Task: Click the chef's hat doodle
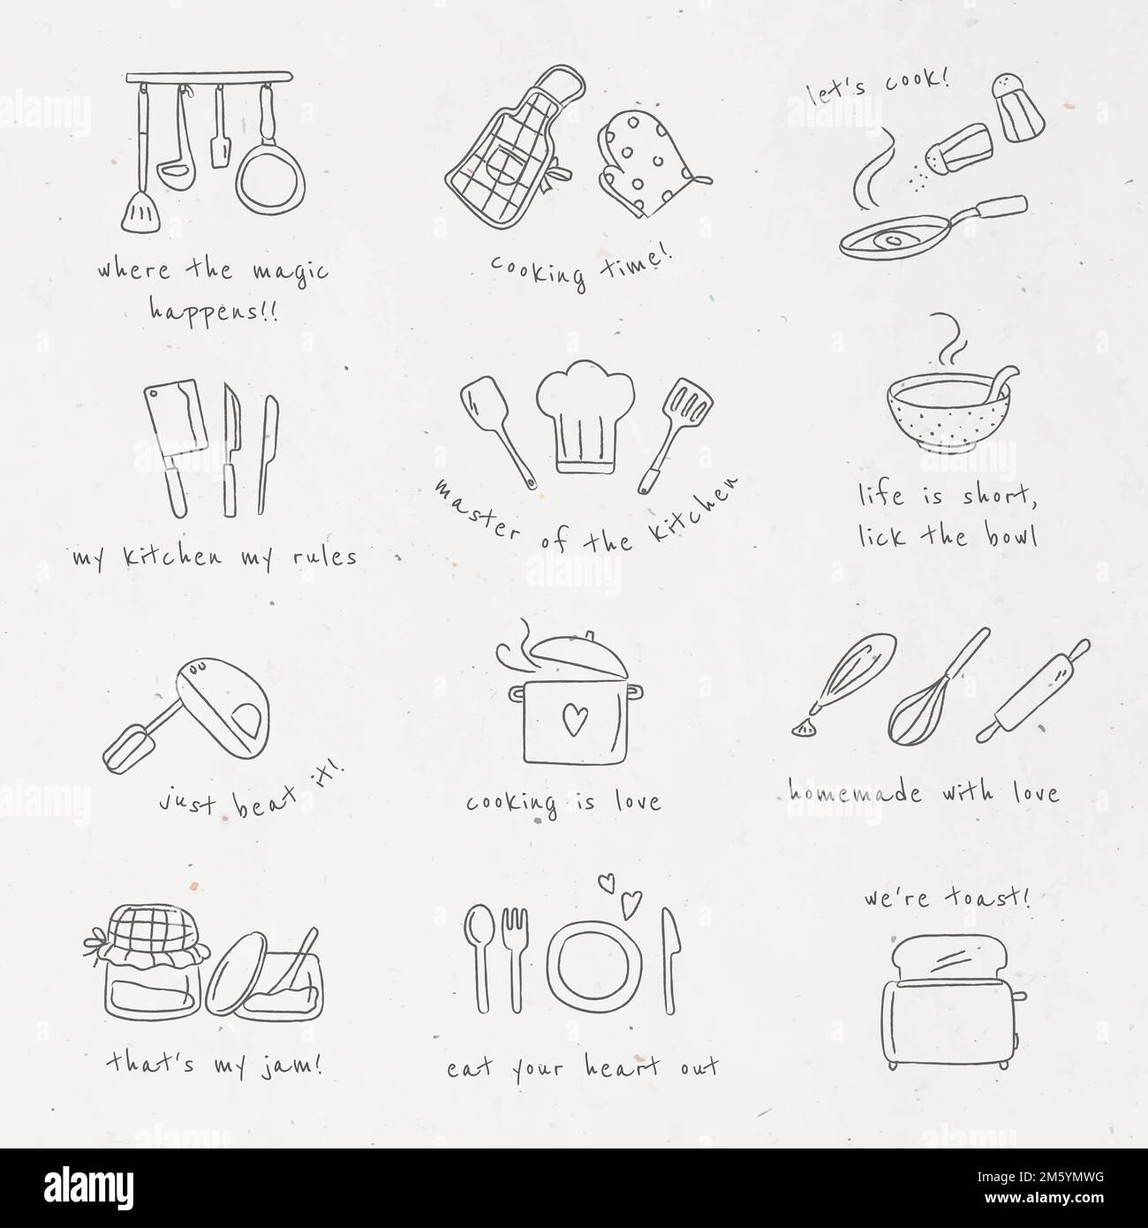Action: point(586,415)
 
